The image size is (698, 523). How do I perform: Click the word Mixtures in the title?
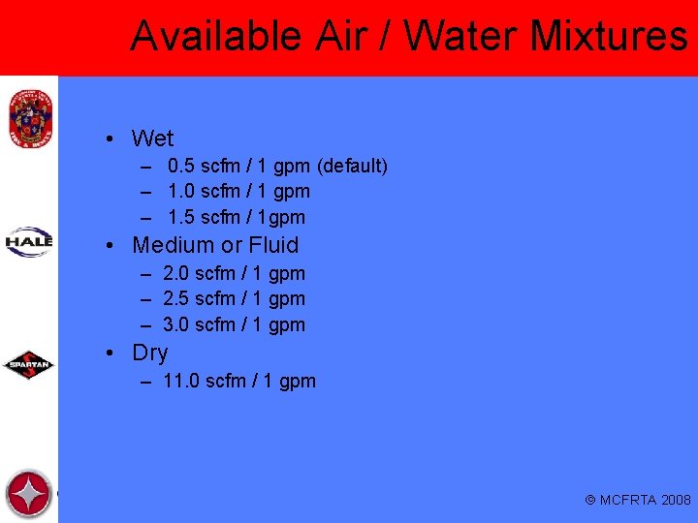coord(609,37)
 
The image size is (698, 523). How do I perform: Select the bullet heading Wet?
coord(152,138)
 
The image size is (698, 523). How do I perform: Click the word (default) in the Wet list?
coord(353,167)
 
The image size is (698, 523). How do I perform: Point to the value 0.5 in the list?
coord(182,167)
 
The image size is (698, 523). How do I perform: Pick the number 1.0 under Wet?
coord(182,192)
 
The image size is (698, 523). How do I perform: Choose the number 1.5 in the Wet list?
coord(182,218)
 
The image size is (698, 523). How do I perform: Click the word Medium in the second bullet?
coord(173,245)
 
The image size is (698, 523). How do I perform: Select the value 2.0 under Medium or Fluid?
coord(177,274)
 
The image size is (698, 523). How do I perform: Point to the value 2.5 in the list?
coord(177,299)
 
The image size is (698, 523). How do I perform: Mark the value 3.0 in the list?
coord(177,325)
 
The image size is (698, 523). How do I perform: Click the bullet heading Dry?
coord(150,353)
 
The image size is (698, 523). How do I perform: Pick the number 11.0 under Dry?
coord(183,382)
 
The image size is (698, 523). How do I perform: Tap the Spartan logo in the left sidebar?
coord(29,366)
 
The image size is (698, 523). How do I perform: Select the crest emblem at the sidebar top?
coord(28,116)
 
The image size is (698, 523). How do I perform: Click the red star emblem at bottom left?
coord(28,494)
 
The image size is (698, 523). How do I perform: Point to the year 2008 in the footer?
coord(676,501)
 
